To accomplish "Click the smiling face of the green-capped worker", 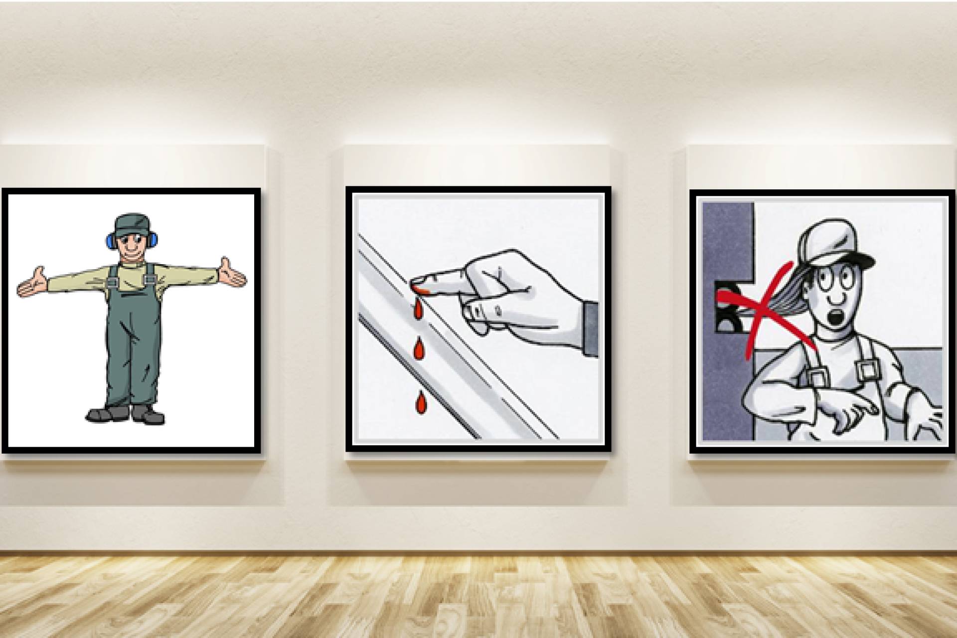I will click(x=132, y=251).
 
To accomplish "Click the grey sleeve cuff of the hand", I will click(x=591, y=328).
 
